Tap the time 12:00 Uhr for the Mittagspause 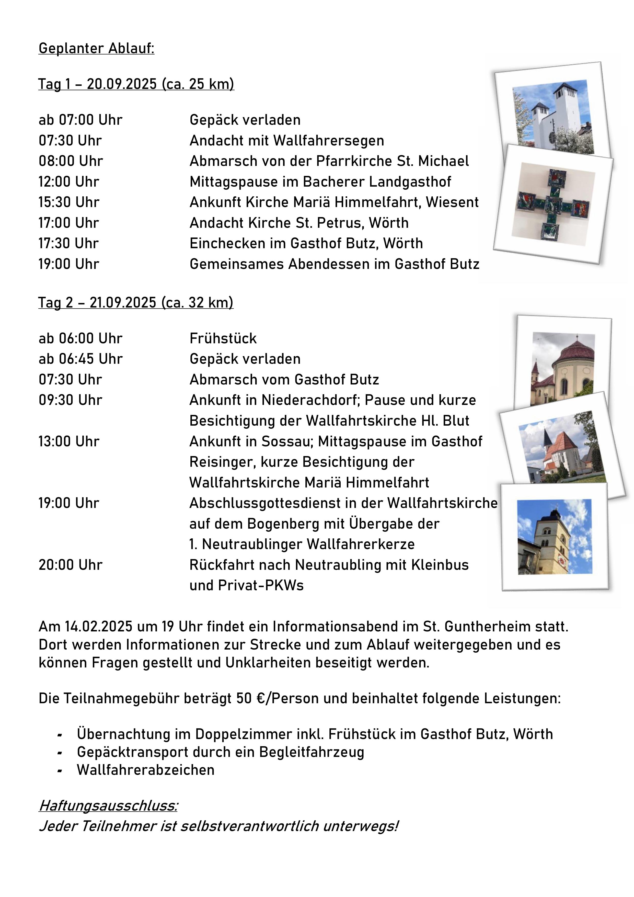[x=69, y=182]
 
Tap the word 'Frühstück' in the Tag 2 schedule [x=223, y=338]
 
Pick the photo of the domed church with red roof [x=563, y=369]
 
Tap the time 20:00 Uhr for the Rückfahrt [x=70, y=565]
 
